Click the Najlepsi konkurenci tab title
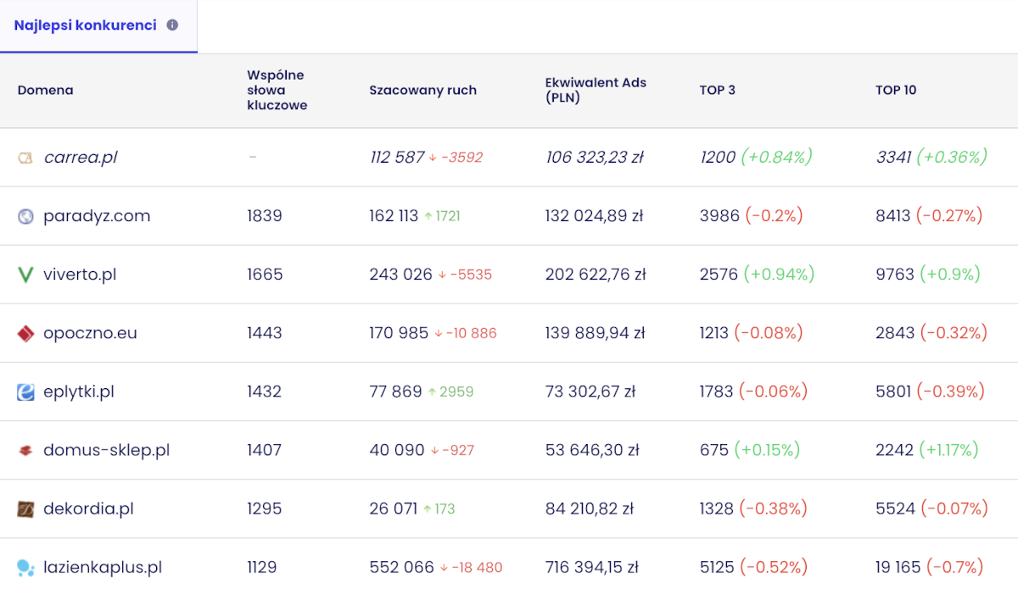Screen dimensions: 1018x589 click(85, 25)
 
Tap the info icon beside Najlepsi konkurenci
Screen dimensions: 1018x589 click(172, 25)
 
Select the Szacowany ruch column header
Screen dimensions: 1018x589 click(422, 91)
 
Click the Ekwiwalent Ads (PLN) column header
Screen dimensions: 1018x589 click(596, 90)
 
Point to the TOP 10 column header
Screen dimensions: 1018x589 click(896, 90)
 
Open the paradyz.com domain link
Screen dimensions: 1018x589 click(97, 216)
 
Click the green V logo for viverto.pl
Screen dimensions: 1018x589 click(25, 275)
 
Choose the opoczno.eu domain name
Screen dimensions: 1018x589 click(90, 333)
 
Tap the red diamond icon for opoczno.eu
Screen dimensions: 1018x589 click(25, 333)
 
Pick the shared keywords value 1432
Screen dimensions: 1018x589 click(264, 392)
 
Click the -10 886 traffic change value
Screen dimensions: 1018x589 click(472, 333)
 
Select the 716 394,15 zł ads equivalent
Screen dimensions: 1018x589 click(592, 567)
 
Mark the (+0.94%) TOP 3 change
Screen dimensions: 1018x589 click(779, 275)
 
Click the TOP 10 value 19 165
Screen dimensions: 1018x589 click(898, 567)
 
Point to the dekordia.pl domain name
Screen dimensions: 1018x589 click(88, 508)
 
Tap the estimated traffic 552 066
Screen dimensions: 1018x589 click(401, 567)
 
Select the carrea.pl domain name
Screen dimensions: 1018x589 click(81, 157)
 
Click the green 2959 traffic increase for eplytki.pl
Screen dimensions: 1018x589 click(456, 392)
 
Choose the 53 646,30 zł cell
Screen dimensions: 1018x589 click(592, 450)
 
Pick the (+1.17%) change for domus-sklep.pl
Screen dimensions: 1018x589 click(948, 450)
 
